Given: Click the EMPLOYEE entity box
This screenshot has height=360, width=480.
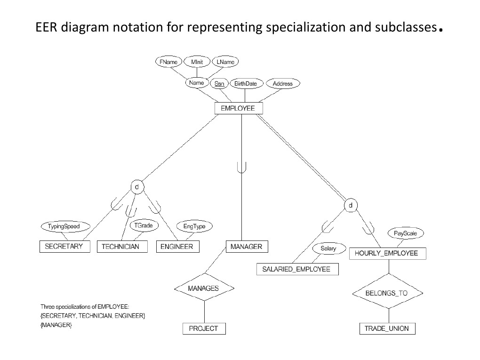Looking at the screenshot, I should [x=238, y=108].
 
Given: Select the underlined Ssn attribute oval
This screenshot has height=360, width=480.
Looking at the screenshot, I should [x=219, y=84].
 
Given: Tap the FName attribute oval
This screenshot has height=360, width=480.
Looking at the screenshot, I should [x=168, y=62].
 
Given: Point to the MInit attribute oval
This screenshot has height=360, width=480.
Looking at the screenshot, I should [x=197, y=62].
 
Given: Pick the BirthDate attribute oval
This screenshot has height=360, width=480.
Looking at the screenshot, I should [x=245, y=84].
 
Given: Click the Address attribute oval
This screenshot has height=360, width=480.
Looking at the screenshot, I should [x=282, y=84].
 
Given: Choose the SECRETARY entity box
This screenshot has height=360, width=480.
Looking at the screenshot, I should [x=64, y=246].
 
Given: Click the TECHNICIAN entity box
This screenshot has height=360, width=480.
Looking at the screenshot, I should [x=120, y=247].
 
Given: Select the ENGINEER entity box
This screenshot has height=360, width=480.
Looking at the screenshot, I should [x=176, y=247].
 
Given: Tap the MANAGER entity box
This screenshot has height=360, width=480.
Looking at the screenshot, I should [x=246, y=246].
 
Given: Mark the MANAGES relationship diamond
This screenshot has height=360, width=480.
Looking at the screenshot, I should [x=203, y=288].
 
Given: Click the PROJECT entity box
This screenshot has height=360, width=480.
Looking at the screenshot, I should [x=203, y=328].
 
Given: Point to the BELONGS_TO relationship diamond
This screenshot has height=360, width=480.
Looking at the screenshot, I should [x=387, y=293].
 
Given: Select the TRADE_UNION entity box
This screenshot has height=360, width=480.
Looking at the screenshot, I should [x=387, y=328].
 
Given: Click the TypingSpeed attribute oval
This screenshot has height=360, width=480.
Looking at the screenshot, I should [x=64, y=226].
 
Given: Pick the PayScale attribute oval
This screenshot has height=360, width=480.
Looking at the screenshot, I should [x=402, y=233].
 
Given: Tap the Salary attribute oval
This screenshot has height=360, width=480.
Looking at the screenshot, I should [x=328, y=248].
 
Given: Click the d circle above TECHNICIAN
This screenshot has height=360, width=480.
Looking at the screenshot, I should [x=136, y=187].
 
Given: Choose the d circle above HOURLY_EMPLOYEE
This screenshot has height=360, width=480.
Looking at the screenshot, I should [x=351, y=205].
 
